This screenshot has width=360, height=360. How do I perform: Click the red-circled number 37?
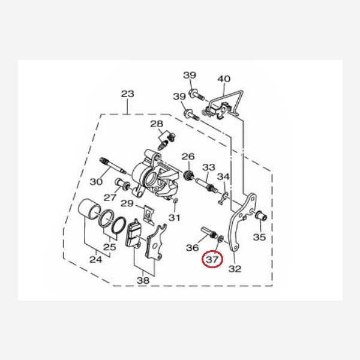(212, 260)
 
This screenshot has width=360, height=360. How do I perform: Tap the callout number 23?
(128, 94)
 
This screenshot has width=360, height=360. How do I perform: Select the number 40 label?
(224, 79)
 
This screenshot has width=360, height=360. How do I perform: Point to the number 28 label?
(157, 124)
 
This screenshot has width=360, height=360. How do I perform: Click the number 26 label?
(188, 157)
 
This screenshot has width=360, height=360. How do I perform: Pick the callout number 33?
(209, 167)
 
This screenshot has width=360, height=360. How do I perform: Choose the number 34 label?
(223, 176)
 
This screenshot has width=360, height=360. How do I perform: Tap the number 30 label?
(96, 182)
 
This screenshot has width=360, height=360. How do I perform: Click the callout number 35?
(259, 237)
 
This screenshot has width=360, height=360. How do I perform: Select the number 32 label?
(235, 269)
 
